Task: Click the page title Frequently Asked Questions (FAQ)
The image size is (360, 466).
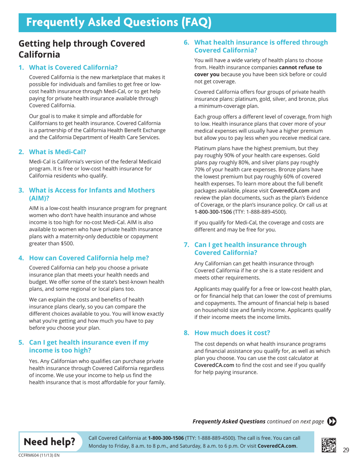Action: pyautogui.click(x=119, y=22)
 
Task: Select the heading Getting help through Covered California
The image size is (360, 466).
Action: pyautogui.click(x=82, y=49)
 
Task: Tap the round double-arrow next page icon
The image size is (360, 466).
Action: pyautogui.click(x=332, y=421)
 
